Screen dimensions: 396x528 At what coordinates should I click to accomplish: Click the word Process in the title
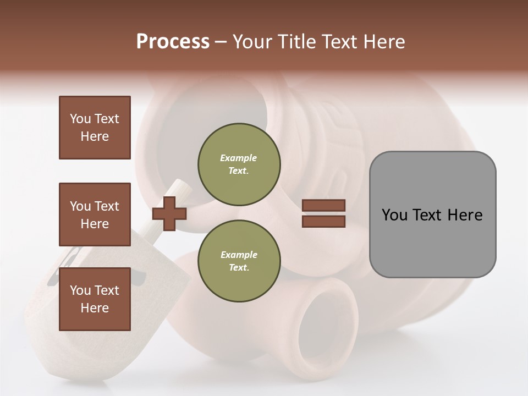click(173, 42)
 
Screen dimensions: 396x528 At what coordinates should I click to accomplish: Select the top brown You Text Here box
click(95, 128)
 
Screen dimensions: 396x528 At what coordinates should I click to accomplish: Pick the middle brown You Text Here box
click(95, 215)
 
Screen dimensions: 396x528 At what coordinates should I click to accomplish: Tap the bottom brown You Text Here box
click(95, 299)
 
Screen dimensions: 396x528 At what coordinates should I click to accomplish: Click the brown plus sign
click(169, 213)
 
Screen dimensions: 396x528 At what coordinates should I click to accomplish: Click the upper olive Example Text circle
click(239, 164)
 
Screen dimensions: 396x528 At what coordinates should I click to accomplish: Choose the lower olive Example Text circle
click(239, 261)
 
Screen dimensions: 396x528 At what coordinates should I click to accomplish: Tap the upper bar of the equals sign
click(323, 205)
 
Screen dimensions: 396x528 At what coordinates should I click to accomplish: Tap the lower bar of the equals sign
click(323, 221)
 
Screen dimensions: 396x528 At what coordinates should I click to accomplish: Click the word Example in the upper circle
click(239, 158)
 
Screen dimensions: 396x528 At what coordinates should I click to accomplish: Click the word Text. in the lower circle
click(239, 267)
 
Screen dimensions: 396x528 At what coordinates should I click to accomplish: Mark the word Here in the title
click(386, 42)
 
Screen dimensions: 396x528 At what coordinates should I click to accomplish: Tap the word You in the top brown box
click(80, 119)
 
